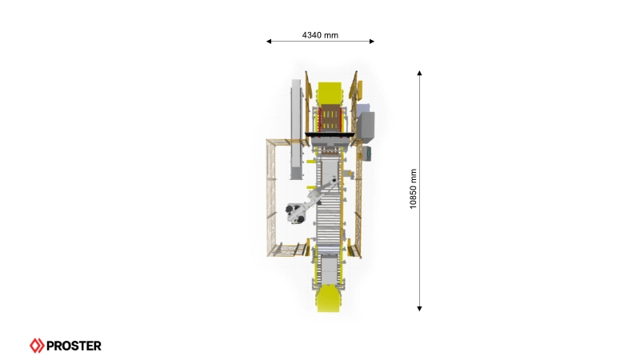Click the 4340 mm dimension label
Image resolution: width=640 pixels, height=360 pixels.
point(320,35)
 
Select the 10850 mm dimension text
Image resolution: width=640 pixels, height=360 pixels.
point(413,189)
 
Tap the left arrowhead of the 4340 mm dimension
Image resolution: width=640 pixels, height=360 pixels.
point(269,42)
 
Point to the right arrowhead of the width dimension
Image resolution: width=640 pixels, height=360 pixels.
point(372,42)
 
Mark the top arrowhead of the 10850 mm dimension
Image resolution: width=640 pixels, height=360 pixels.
point(419,73)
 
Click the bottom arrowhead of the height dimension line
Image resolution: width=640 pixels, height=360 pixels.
point(419,309)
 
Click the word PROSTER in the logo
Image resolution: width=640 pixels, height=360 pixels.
point(74,346)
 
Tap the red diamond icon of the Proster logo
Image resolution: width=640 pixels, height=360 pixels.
point(37,346)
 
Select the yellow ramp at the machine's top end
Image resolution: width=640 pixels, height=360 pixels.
point(330,93)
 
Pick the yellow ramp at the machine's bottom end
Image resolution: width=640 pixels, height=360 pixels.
point(329,298)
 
